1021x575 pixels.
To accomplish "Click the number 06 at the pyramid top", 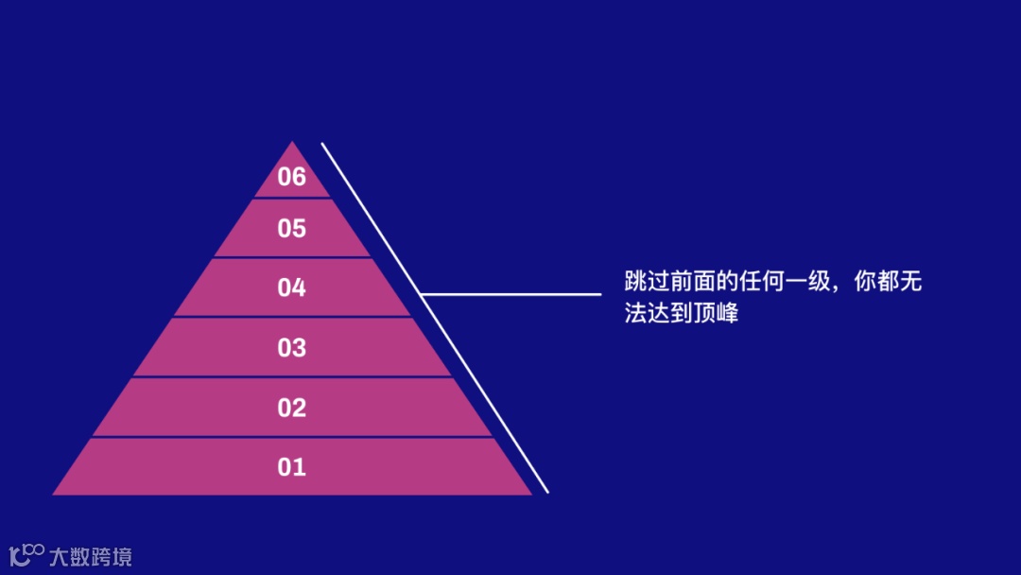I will (x=292, y=177).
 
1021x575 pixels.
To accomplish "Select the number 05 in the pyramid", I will (x=292, y=229).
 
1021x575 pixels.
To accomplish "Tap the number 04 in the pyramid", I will (x=292, y=288).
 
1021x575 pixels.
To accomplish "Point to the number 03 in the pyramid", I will (x=292, y=348).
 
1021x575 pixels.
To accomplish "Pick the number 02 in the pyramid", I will (x=292, y=409).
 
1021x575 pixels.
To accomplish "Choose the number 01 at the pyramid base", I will (x=292, y=467).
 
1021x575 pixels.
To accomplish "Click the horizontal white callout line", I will (x=510, y=295).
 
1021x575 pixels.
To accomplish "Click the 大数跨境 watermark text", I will (x=91, y=556).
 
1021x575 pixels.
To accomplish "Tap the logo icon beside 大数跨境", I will (x=26, y=555).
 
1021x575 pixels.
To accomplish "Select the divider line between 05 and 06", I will (x=292, y=198).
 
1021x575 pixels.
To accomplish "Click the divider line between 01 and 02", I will (x=292, y=437).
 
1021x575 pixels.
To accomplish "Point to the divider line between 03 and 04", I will (x=292, y=317).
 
